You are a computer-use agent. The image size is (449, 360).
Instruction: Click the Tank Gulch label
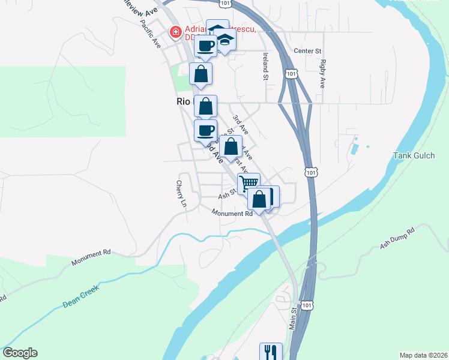414,155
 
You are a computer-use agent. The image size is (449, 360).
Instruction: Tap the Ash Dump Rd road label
397,238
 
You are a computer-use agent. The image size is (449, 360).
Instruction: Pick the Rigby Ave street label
323,73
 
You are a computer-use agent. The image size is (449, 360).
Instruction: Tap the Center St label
309,51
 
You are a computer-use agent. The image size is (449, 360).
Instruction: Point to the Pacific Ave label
150,34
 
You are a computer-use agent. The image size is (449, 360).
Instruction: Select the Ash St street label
226,193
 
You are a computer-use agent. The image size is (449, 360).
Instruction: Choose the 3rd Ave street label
241,124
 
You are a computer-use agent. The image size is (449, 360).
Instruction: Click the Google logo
20,353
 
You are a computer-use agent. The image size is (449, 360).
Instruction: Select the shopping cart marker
249,182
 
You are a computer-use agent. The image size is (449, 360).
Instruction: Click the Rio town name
183,102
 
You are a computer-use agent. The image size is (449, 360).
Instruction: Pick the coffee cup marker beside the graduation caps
205,46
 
